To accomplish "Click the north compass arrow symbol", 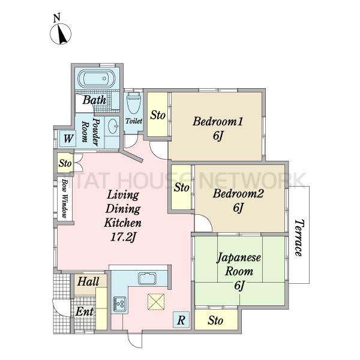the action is tap(61, 34).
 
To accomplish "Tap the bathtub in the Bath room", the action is tap(97, 79).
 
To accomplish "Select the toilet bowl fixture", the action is tap(133, 103).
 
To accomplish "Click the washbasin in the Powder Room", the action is tap(113, 126).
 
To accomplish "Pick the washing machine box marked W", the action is tap(67, 138).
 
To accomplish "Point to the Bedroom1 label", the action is tap(217, 121).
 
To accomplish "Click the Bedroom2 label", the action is tap(238, 193).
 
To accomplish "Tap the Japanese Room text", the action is tap(239, 264).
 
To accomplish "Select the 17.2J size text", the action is tap(123, 237).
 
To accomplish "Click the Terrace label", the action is tap(299, 238).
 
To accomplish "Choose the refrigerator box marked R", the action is tap(181, 320).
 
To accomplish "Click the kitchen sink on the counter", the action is tap(147, 279).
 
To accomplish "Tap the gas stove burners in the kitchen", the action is tap(119, 304).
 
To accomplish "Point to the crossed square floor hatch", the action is tap(156, 302).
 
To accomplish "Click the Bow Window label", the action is tap(65, 198).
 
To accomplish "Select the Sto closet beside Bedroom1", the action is tap(157, 115).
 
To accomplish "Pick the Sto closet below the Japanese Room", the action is tap(216, 320).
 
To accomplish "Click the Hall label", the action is tap(88, 281).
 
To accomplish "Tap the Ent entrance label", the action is tap(84, 311).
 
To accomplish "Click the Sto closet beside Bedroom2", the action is tap(181, 187).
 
